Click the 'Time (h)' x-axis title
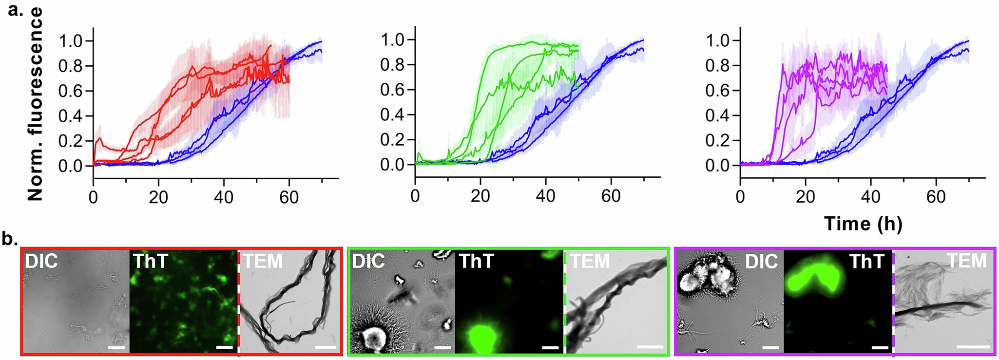863,223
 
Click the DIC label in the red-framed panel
41,261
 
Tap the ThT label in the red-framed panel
150,261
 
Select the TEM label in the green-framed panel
590,262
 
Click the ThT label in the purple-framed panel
866,262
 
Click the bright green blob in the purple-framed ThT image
812,278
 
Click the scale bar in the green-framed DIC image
442,347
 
